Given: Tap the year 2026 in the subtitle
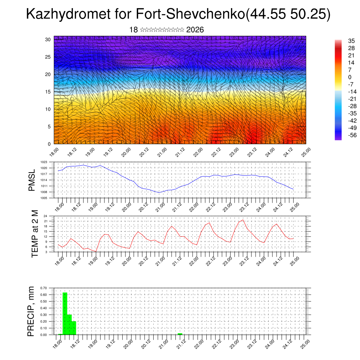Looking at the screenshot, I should tap(195, 30).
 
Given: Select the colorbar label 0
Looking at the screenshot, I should tap(350, 77).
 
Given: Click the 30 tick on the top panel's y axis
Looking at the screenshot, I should tap(48, 39).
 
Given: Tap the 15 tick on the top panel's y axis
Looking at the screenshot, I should tap(48, 92).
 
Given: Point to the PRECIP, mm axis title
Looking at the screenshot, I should tap(32, 311).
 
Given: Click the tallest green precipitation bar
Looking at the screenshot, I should tap(65, 313).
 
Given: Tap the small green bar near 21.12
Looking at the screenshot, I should tap(180, 334).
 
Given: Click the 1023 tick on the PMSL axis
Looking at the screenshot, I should tap(44, 162).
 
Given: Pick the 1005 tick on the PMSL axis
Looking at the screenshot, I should tap(44, 198).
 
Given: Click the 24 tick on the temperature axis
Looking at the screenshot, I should tap(45, 216).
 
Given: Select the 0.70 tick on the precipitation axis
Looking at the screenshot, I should tap(44, 288).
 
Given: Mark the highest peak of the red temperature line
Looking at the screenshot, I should tap(243, 220).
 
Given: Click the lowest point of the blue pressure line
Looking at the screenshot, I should tap(159, 192).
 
